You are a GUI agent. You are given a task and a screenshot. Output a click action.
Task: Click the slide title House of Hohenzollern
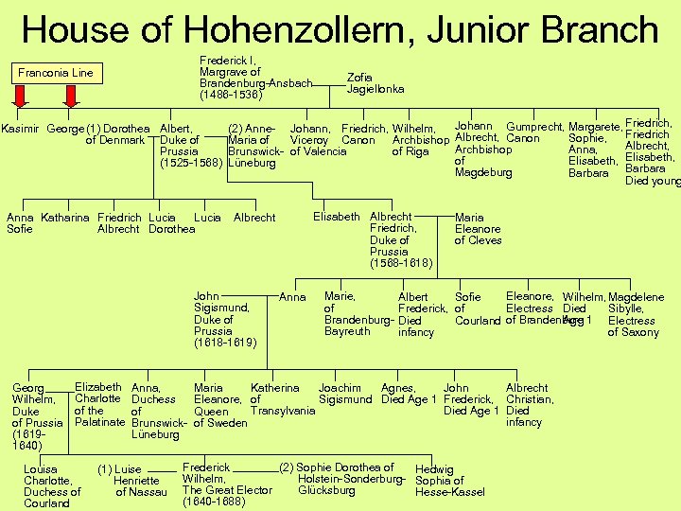340,28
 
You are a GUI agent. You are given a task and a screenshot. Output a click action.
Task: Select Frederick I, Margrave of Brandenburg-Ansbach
253,78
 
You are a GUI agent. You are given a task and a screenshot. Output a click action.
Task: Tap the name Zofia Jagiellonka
375,83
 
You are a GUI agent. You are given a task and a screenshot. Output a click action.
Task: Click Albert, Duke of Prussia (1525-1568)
191,146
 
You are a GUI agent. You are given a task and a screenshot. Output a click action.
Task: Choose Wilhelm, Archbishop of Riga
412,140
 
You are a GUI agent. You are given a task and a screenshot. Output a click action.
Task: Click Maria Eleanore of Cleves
478,229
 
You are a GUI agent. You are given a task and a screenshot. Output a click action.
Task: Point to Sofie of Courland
477,308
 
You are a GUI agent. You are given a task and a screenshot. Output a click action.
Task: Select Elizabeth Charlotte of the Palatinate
98,405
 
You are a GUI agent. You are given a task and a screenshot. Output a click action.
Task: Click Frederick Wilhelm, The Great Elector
227,485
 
